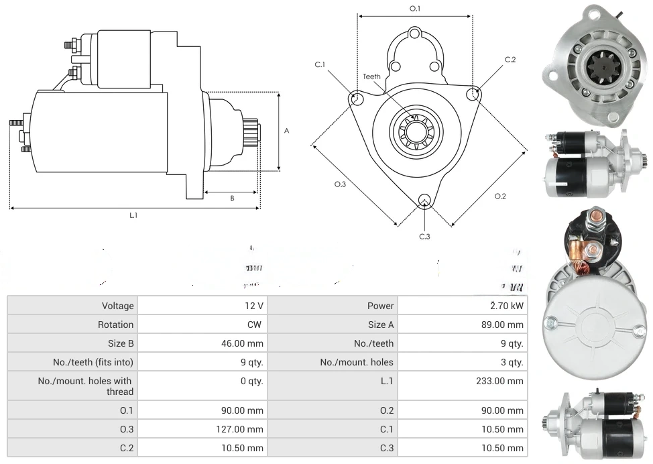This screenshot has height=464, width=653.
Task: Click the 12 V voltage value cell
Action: pyautogui.click(x=254, y=306)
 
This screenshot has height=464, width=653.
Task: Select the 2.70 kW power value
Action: pyautogui.click(x=507, y=306)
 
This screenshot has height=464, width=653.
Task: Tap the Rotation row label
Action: pyautogui.click(x=115, y=325)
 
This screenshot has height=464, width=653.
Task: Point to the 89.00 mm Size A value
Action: pyautogui.click(x=506, y=325)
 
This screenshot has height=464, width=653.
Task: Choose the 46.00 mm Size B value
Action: pyautogui.click(x=245, y=343)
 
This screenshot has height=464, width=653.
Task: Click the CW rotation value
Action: pyautogui.click(x=256, y=325)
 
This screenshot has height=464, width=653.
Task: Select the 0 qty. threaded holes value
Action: pyautogui.click(x=251, y=381)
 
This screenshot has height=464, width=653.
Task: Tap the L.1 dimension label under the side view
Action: pyautogui.click(x=133, y=215)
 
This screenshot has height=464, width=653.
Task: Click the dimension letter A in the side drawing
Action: pyautogui.click(x=286, y=131)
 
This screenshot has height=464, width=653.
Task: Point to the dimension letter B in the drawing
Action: pyautogui.click(x=232, y=198)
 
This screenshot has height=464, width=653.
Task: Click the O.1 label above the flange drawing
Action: pyautogui.click(x=414, y=9)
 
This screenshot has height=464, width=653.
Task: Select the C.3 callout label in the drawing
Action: pyautogui.click(x=424, y=236)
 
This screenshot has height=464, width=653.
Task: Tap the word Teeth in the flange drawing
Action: pyautogui.click(x=371, y=76)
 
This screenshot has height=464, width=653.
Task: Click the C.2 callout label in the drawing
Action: pyautogui.click(x=510, y=60)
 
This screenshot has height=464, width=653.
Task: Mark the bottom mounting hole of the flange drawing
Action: pyautogui.click(x=424, y=200)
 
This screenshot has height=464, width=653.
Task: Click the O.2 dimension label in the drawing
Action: pyautogui.click(x=500, y=196)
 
